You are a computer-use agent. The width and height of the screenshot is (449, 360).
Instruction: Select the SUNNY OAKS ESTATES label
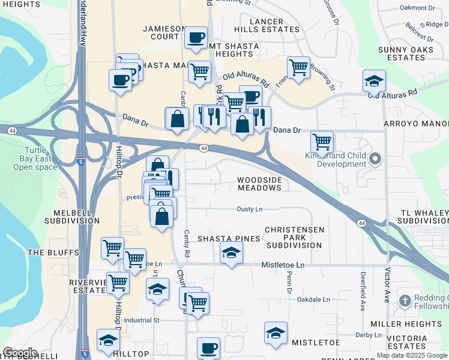pyautogui.click(x=406, y=53)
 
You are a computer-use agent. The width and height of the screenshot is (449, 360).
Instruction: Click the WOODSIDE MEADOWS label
pyautogui.click(x=259, y=184)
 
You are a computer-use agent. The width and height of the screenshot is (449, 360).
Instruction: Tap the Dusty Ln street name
pyautogui.click(x=250, y=209)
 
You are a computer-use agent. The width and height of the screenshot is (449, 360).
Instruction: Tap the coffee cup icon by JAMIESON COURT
pyautogui.click(x=196, y=38)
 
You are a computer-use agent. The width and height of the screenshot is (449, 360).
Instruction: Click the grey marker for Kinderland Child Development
pyautogui.click(x=376, y=160)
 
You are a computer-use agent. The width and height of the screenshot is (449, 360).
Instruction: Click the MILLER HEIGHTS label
pyautogui.click(x=414, y=324)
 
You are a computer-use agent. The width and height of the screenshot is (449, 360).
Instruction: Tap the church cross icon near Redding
pyautogui.click(x=406, y=300)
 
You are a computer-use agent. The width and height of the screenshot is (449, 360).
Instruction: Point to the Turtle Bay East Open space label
pyautogui.click(x=35, y=158)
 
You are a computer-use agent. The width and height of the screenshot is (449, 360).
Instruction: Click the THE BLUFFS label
pyautogui.click(x=53, y=253)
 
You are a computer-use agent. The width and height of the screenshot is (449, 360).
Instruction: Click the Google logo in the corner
pyautogui.click(x=20, y=352)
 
